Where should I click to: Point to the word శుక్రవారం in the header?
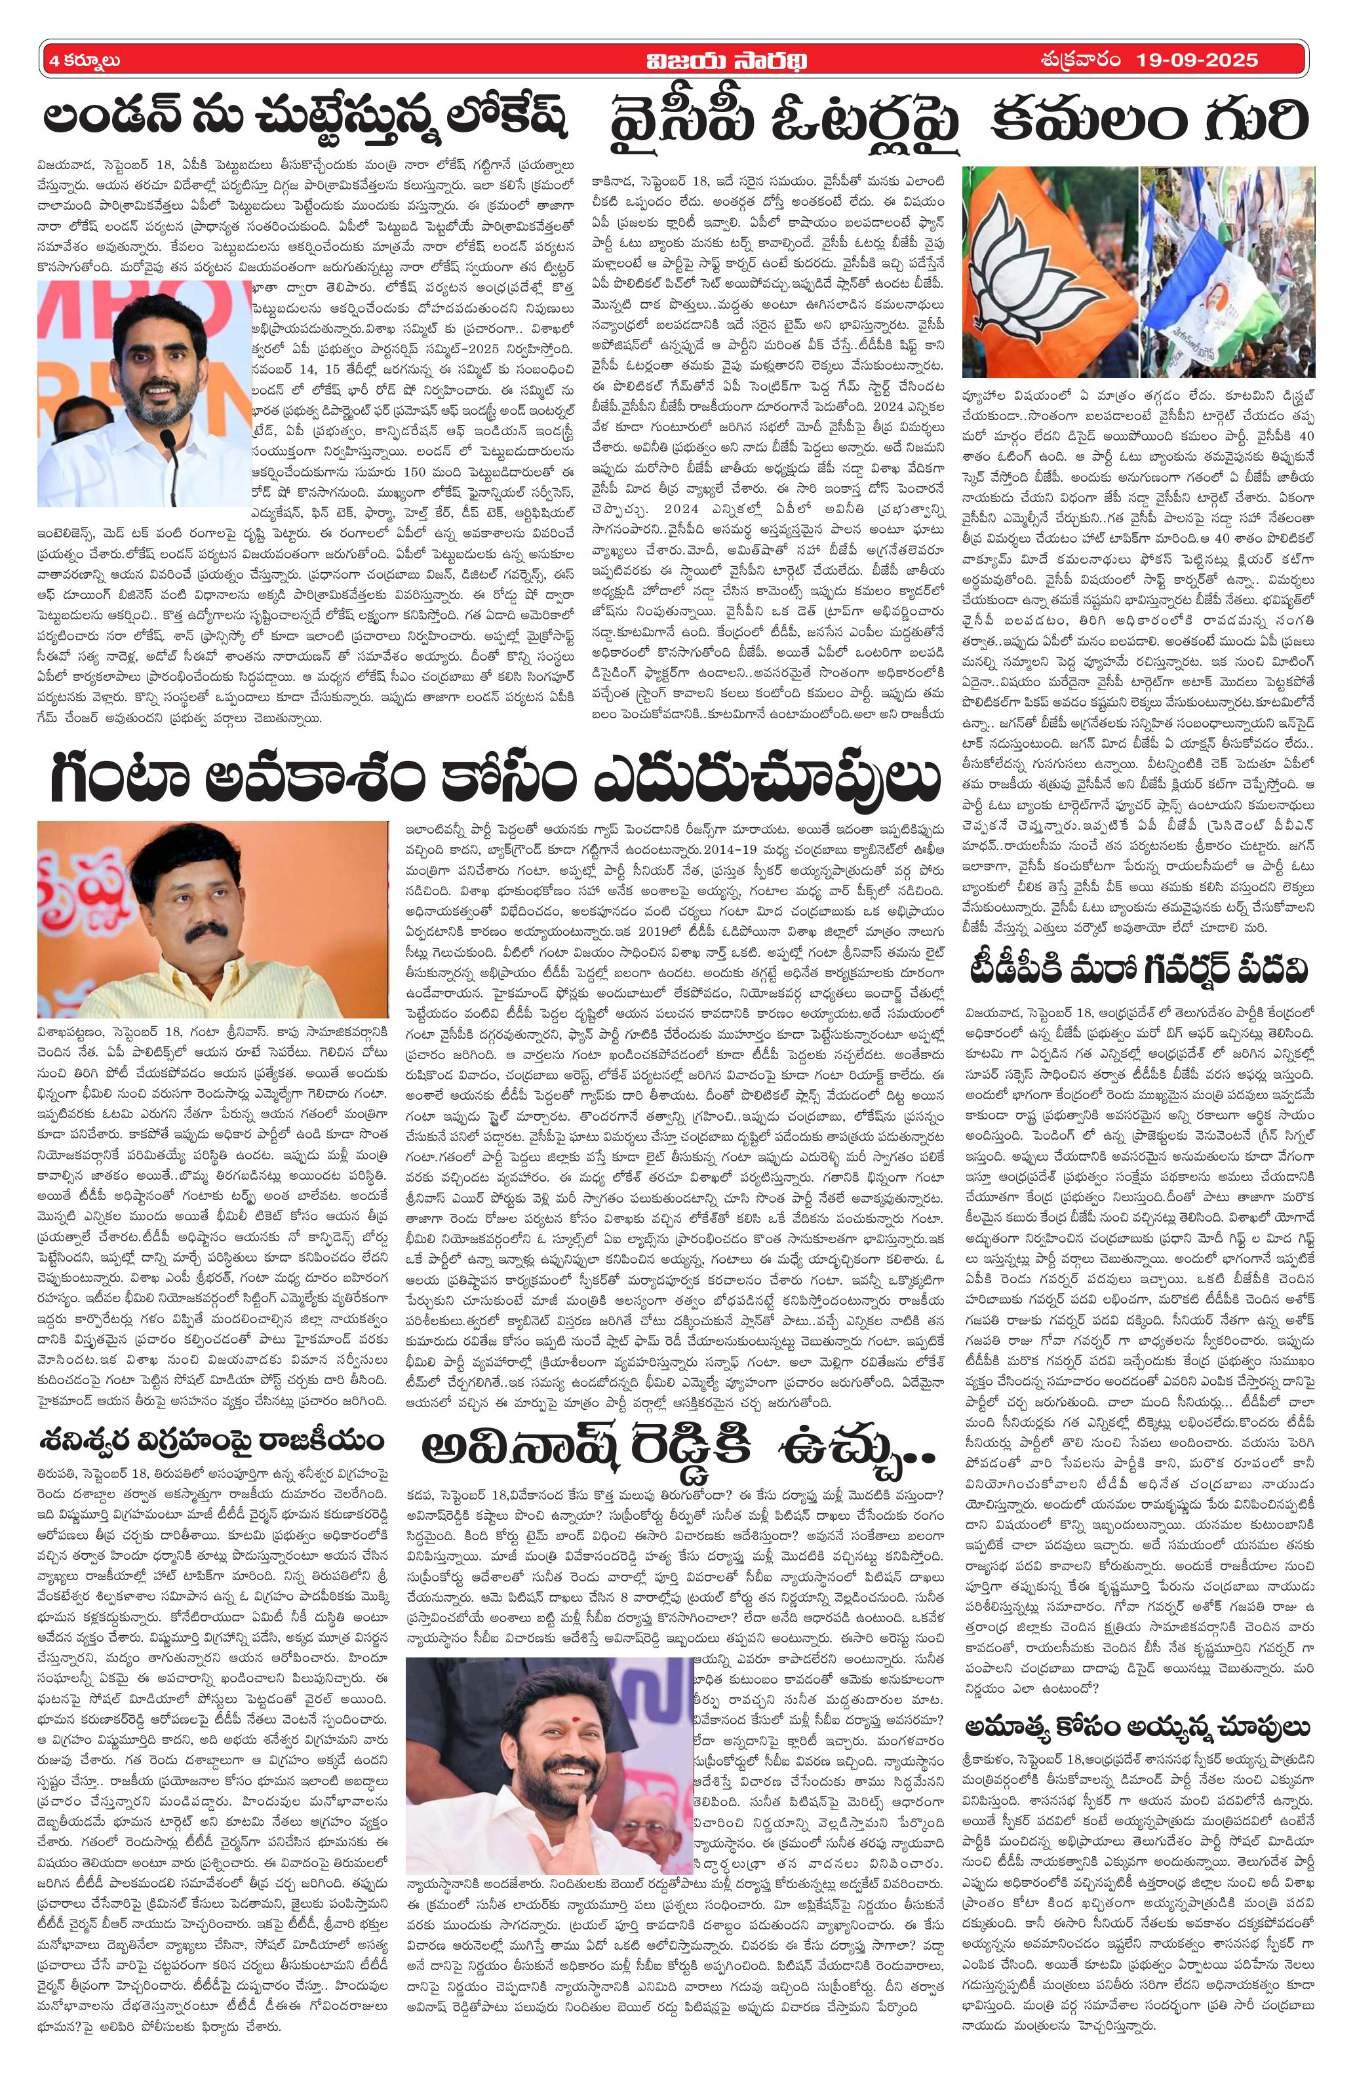(x=1078, y=60)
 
